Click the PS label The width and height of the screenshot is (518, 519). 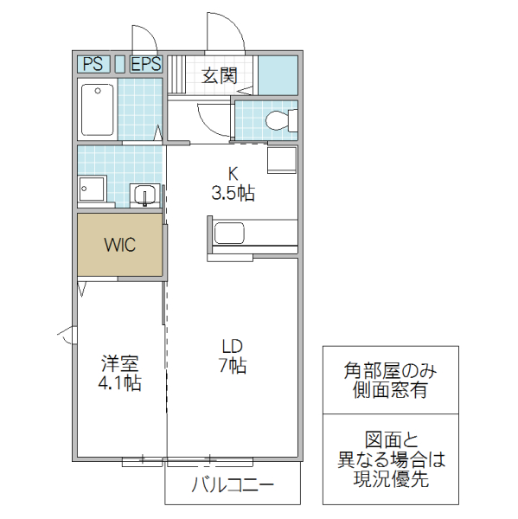click(93, 63)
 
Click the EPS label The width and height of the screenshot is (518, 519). click(146, 63)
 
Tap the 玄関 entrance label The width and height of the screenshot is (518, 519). click(220, 75)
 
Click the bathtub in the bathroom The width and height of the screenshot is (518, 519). click(97, 109)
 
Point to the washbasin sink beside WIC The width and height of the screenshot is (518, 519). click(144, 195)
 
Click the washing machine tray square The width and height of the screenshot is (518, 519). click(92, 190)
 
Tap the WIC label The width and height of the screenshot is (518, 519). click(120, 245)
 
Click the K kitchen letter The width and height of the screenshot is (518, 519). click(233, 172)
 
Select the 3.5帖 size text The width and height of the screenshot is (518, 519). click(233, 193)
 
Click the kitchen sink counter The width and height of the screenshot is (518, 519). click(253, 234)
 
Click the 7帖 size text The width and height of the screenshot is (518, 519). click(232, 367)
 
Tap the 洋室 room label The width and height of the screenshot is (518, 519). click(120, 364)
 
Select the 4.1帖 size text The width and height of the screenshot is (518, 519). click(120, 384)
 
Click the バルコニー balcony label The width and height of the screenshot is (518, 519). click(232, 485)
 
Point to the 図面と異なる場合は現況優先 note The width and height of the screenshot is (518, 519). click(389, 458)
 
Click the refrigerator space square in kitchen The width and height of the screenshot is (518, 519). click(282, 161)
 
